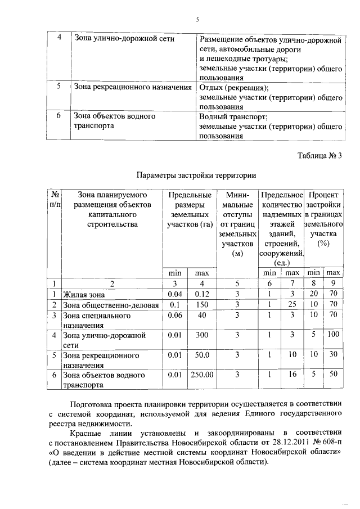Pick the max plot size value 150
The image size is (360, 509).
click(x=201, y=304)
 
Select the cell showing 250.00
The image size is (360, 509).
click(x=201, y=375)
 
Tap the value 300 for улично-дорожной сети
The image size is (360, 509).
click(x=201, y=335)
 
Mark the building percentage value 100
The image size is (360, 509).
click(x=334, y=335)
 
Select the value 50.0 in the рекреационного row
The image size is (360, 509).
click(x=201, y=355)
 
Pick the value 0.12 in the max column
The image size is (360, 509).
click(x=201, y=294)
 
